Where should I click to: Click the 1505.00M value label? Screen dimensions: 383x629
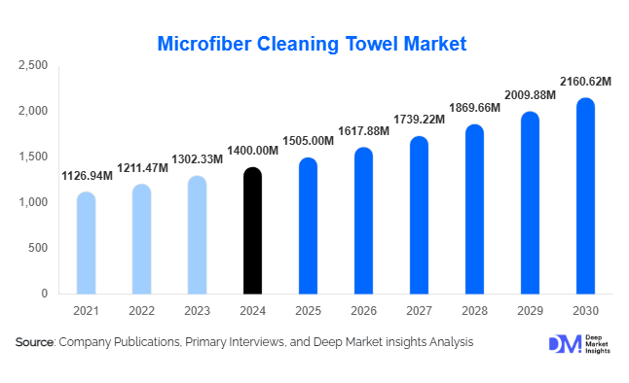coord(309,140)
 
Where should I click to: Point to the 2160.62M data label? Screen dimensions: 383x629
coord(585,81)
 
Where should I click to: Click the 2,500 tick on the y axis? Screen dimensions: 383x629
coord(33,66)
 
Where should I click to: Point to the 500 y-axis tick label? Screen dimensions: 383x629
coord(38,248)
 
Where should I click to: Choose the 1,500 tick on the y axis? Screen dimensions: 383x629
coord(33,157)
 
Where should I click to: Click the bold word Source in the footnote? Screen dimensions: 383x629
coord(35,342)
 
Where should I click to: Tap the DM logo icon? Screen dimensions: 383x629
coord(563,344)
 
